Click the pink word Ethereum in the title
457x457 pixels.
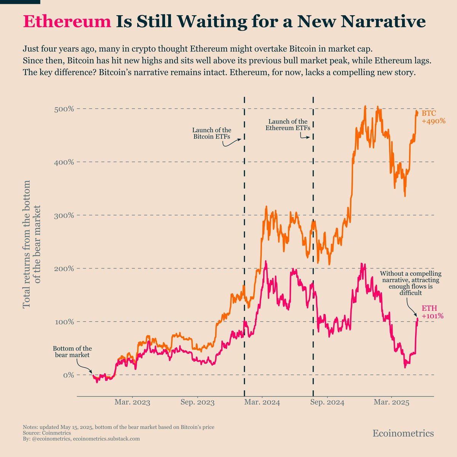67,22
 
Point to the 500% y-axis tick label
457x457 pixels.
63,109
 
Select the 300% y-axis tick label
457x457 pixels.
63,216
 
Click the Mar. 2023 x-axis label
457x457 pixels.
133,403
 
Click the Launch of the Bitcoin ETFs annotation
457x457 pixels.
211,133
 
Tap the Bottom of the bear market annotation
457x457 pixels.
72,352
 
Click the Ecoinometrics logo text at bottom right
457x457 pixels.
403,433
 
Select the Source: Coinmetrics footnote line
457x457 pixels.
47,433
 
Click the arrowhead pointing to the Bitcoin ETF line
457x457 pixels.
240,139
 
